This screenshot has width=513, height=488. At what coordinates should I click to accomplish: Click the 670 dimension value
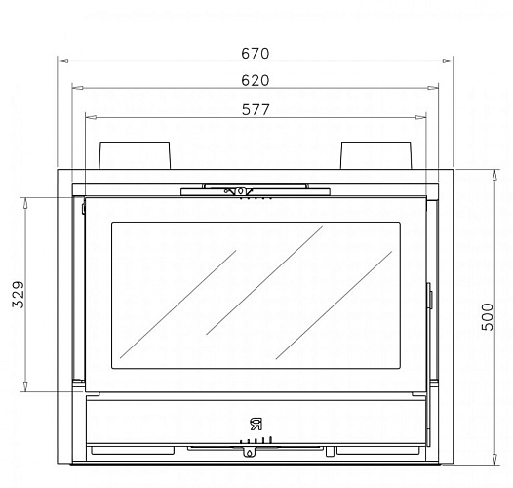point(256,54)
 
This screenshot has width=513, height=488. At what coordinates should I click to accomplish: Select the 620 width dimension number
point(256,81)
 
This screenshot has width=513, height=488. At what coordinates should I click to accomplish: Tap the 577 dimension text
point(256,109)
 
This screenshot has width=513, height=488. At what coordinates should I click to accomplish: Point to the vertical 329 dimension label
point(19,295)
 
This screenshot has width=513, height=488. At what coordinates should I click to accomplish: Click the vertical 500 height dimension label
point(488,316)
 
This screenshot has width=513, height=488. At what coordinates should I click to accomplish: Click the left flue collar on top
point(135,155)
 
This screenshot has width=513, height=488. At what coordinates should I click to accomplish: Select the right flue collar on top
point(375,155)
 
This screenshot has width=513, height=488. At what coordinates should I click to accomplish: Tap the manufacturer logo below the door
point(256,425)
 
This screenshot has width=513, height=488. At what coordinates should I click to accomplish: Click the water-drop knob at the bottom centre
point(249,452)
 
